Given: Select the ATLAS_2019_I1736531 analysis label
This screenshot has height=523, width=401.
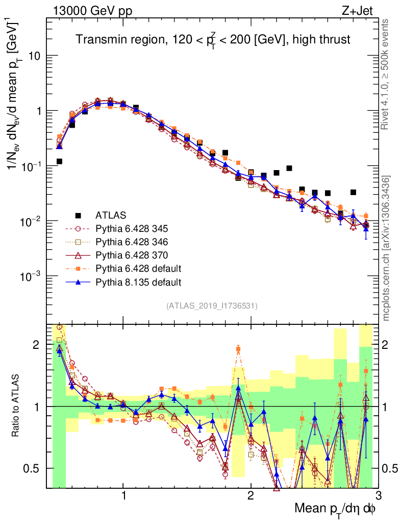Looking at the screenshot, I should (x=212, y=306).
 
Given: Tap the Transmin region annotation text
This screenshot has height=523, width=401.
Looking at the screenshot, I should (x=213, y=40).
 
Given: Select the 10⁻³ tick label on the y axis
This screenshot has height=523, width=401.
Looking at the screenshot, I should (x=32, y=276).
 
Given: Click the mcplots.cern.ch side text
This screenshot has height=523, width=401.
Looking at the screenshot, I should (x=387, y=248).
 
